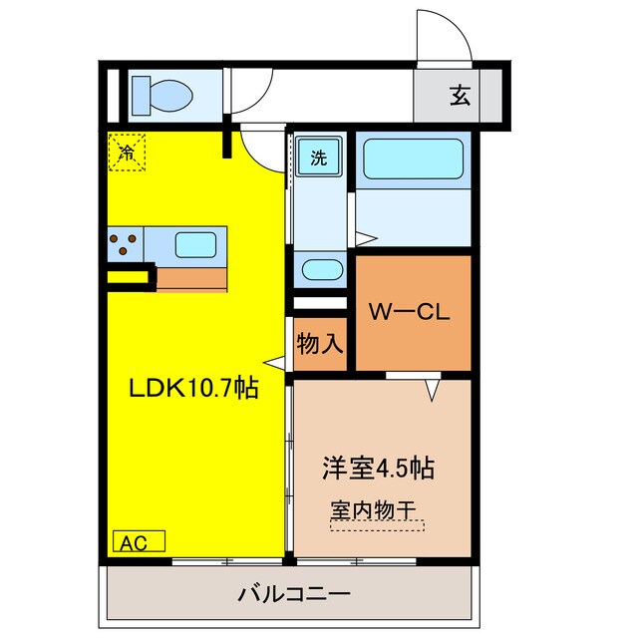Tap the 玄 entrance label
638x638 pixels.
click(x=459, y=97)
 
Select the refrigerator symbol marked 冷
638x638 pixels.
click(x=126, y=153)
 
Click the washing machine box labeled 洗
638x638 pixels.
click(x=318, y=157)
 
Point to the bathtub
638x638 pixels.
click(x=411, y=159)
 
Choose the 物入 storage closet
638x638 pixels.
click(x=319, y=344)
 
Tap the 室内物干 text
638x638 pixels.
click(x=373, y=508)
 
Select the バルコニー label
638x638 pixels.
click(x=293, y=596)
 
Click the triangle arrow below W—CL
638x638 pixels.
click(x=433, y=389)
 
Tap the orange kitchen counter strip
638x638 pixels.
click(x=191, y=277)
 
